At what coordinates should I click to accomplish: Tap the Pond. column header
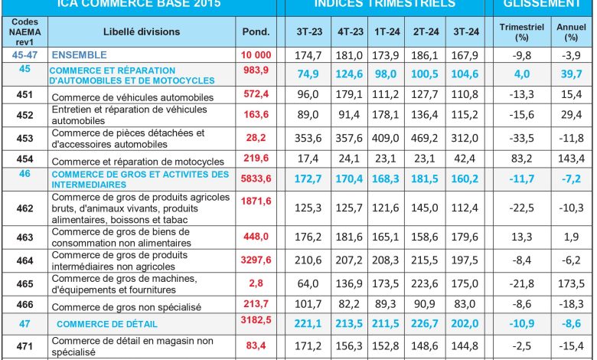point(256,31)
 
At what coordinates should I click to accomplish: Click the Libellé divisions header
point(142,31)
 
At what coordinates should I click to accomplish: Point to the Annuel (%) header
point(571,31)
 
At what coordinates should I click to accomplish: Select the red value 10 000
point(256,56)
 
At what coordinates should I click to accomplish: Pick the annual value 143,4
point(571,161)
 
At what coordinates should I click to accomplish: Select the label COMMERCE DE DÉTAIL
point(100,324)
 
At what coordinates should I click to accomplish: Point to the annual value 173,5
point(571,283)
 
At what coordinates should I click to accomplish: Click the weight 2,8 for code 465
point(256,283)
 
